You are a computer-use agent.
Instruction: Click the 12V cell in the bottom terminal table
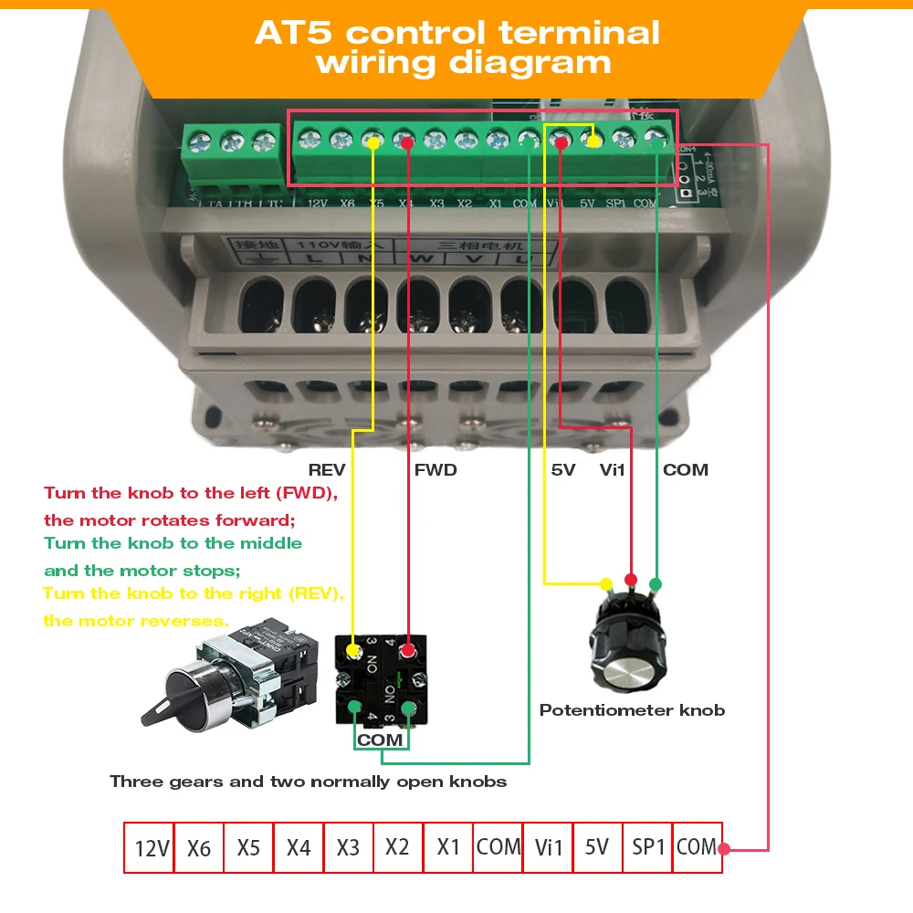tap(149, 848)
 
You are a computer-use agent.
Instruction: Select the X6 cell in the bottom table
tap(199, 848)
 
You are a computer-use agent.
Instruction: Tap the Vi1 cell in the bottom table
tap(549, 848)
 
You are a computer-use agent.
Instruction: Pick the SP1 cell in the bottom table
tap(647, 847)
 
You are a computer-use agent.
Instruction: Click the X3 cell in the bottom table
tap(348, 847)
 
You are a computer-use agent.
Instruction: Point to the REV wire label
tap(327, 470)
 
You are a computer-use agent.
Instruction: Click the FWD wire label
tap(436, 470)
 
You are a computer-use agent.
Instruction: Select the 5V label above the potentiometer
tap(562, 470)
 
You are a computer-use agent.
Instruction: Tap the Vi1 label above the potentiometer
tap(613, 470)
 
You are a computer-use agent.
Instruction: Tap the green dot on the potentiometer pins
tap(655, 583)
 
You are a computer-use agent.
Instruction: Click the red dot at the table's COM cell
tap(724, 848)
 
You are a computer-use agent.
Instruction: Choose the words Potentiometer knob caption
tap(632, 710)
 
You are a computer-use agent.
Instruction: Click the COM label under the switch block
tap(380, 740)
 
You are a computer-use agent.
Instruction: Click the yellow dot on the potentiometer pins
tap(605, 583)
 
